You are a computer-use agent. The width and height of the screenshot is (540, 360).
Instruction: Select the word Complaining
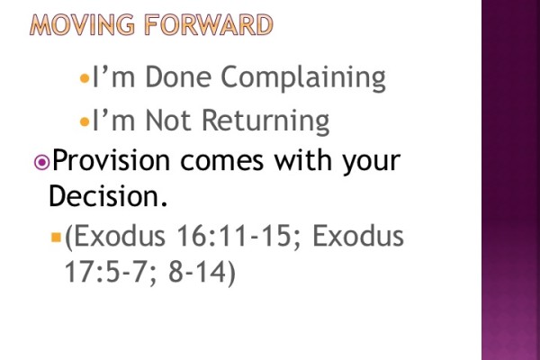[x=304, y=78]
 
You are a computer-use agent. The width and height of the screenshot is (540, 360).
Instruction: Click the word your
[x=368, y=164]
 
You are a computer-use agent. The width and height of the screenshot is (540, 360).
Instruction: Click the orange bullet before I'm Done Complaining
[x=85, y=79]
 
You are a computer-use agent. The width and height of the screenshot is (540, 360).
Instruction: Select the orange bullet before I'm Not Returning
[x=85, y=121]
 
